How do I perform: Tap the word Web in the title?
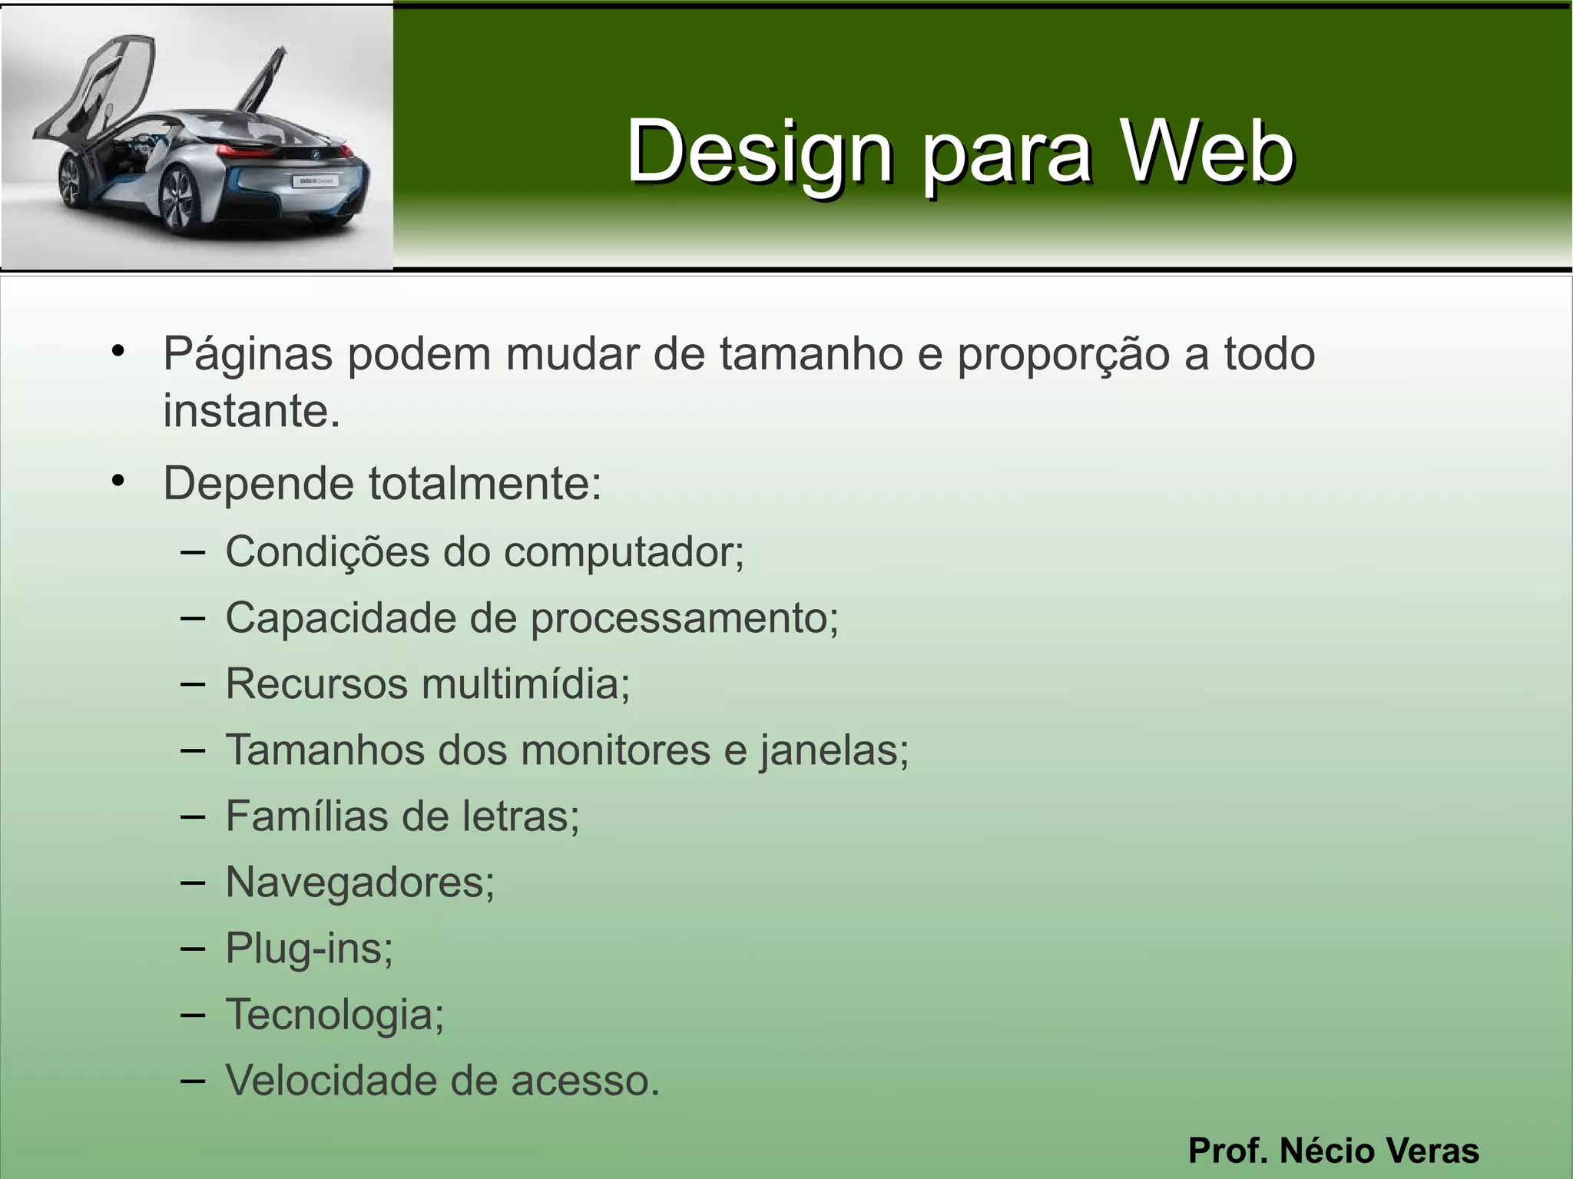coord(1207,152)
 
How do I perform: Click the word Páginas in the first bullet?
coord(247,355)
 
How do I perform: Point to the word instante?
coord(250,412)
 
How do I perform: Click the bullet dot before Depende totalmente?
coord(118,482)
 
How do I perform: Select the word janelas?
coord(834,750)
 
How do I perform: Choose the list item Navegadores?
coord(359,882)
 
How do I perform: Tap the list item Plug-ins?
coord(309,949)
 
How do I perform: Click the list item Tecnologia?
coord(334,1015)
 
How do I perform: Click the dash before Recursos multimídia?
coord(193,684)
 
